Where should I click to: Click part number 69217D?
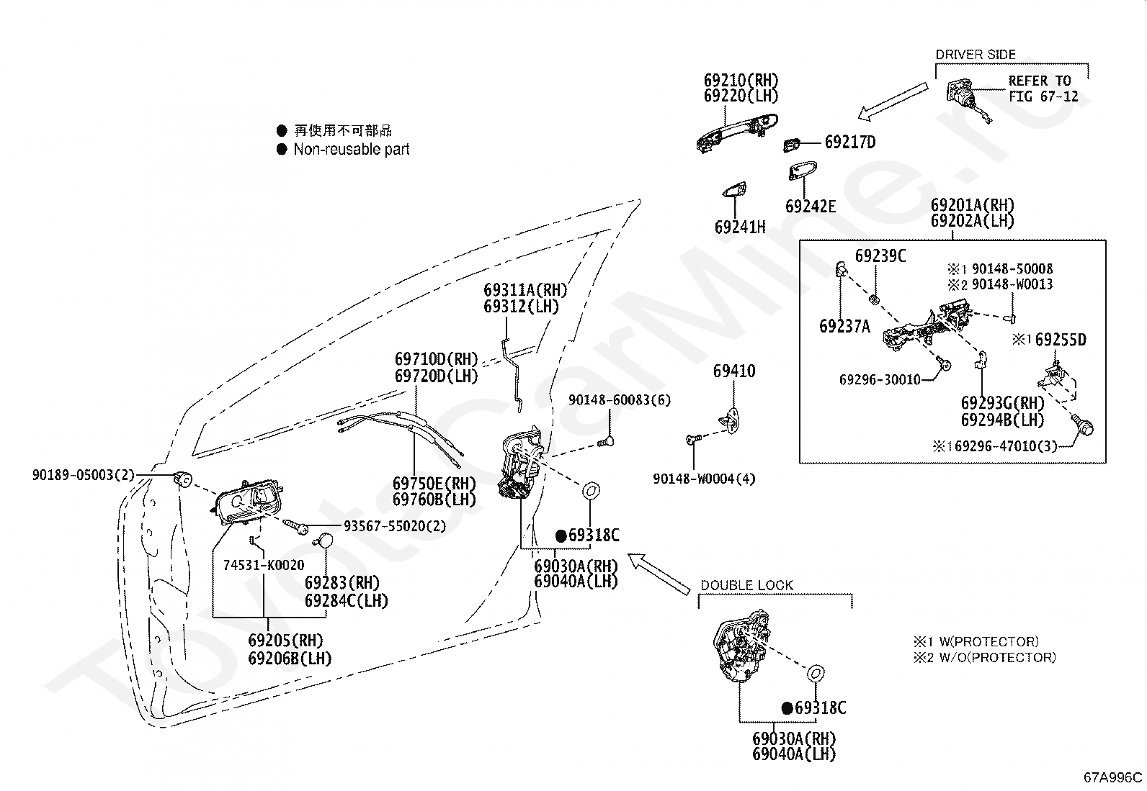point(850,142)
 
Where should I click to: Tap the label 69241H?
point(740,227)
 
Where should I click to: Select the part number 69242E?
point(811,206)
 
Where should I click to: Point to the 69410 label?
point(734,371)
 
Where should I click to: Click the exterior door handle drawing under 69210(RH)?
point(737,132)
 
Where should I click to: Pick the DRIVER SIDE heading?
point(976,55)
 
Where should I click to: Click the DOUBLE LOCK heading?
point(746,585)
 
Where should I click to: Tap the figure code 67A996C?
point(1112,778)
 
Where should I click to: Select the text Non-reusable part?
point(352,150)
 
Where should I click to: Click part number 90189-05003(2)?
point(83,475)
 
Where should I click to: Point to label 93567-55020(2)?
point(395,526)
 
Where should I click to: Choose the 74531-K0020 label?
point(264,565)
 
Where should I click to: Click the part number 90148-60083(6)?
point(620,400)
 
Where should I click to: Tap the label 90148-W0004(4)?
point(704,479)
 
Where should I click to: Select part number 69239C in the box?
point(880,256)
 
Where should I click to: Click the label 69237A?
point(844,326)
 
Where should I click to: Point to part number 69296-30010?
point(880,379)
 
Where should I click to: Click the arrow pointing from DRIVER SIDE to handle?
point(893,101)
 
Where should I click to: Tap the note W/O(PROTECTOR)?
point(997,657)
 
